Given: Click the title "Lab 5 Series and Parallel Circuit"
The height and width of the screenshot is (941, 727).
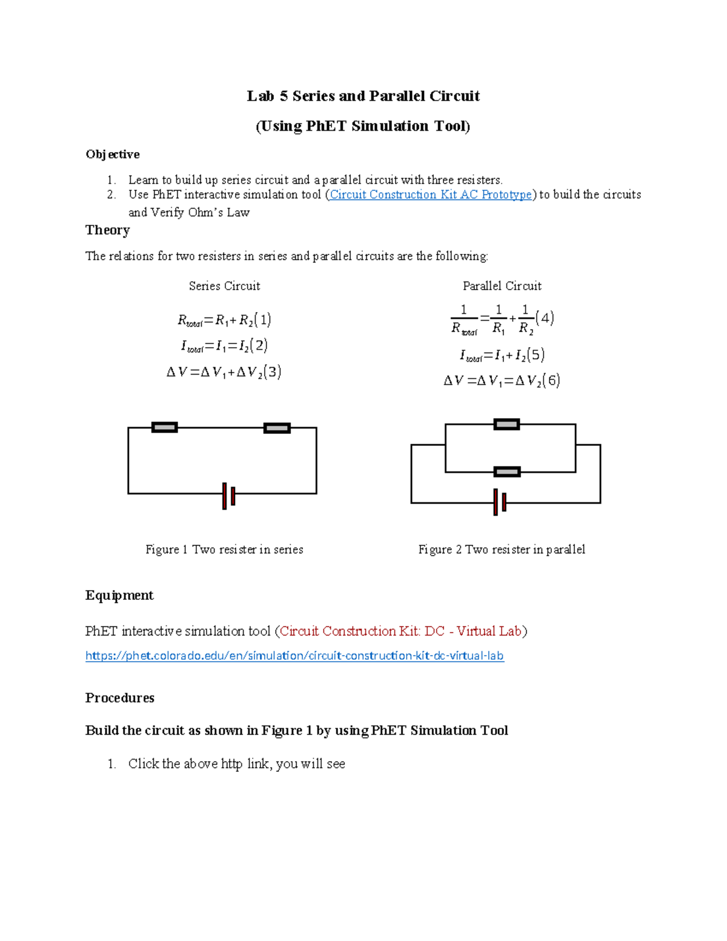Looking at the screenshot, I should click(x=363, y=96).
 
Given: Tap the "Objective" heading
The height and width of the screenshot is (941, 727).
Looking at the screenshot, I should click(x=113, y=155).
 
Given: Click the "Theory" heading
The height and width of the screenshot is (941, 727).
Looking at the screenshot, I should click(x=108, y=230).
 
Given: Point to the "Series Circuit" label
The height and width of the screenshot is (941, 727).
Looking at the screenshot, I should click(x=224, y=286).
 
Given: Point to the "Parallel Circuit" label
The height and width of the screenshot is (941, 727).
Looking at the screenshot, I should click(x=502, y=286).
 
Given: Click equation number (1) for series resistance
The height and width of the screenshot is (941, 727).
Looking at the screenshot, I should click(x=262, y=319).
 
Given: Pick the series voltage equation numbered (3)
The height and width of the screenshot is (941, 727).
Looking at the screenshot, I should click(x=224, y=372).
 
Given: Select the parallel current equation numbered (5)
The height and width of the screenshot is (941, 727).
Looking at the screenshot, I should click(x=502, y=355).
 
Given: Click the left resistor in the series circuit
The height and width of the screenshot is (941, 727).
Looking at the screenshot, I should click(x=164, y=427).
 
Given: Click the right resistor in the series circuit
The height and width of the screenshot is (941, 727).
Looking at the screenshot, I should click(x=277, y=428).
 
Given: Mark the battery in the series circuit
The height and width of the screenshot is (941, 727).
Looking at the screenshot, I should click(x=228, y=496).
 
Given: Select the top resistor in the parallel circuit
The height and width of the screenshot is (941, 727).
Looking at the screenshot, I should click(x=506, y=424).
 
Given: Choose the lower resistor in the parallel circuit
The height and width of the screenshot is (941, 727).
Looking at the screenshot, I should click(x=506, y=471).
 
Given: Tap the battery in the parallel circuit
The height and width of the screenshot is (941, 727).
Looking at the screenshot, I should click(x=500, y=502).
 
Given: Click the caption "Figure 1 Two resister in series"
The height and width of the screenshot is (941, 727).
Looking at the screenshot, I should click(x=224, y=550).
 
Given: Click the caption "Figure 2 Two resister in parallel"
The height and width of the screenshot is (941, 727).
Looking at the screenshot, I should click(x=502, y=550).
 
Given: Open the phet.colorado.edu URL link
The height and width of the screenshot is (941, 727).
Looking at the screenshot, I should click(x=294, y=656).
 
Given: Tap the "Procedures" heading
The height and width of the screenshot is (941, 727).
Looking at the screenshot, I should click(x=120, y=698).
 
